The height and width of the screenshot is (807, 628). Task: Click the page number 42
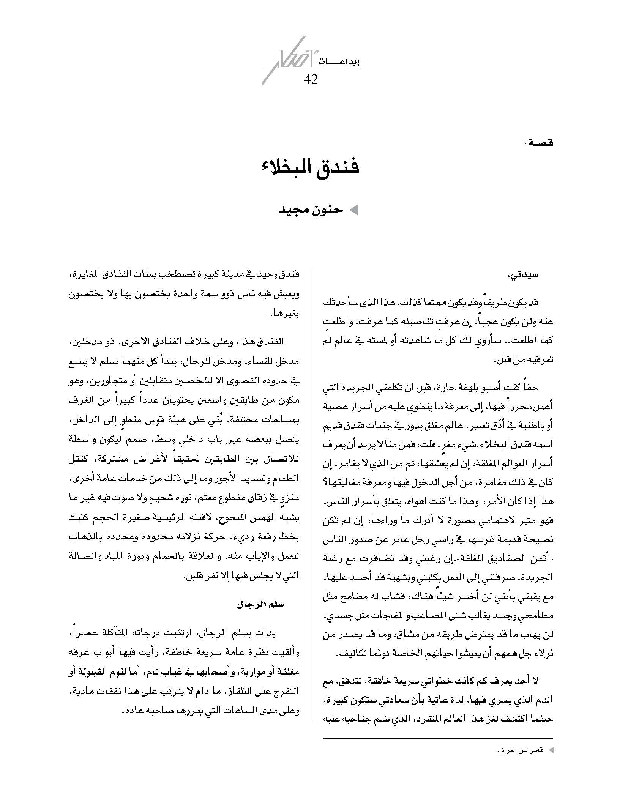click(x=311, y=79)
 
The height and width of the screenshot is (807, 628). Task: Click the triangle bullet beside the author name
click(x=353, y=211)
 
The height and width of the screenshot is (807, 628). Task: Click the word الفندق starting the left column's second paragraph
click(x=270, y=341)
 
